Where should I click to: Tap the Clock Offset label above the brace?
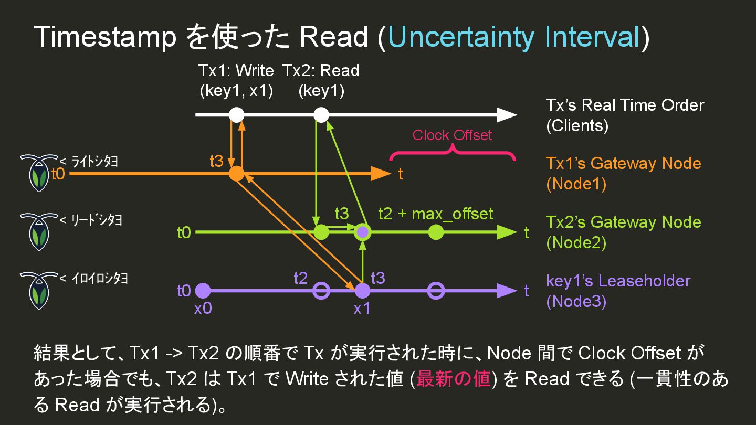452,135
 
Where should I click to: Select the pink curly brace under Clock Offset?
452,153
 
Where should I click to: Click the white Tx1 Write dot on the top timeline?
237,114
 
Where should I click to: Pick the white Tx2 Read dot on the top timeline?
321,114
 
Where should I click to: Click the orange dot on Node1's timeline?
237,173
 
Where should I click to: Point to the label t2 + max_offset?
436,214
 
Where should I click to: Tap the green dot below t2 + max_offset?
436,232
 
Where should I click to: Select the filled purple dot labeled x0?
203,291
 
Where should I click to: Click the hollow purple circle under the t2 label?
321,291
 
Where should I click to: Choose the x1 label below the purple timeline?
362,309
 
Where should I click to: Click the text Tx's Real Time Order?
625,105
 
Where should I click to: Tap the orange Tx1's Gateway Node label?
623,164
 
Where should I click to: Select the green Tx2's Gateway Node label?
623,222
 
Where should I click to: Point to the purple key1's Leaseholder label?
618,281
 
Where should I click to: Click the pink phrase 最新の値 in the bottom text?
453,378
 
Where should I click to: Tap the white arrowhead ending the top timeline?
507,114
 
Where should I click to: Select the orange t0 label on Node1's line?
58,174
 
